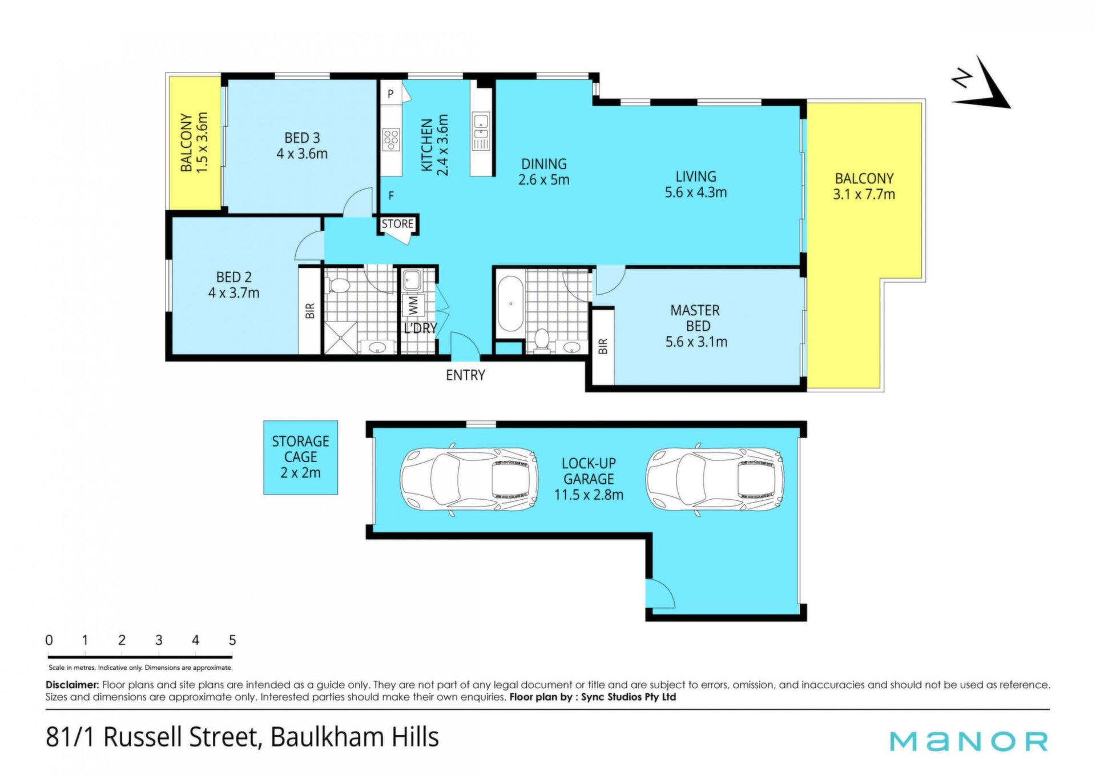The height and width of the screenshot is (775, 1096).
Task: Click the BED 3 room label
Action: pyautogui.click(x=302, y=138)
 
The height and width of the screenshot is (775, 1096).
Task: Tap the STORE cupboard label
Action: pyautogui.click(x=397, y=224)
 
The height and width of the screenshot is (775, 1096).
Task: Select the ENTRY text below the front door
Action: pyautogui.click(x=465, y=375)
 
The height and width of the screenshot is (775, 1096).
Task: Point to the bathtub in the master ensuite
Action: pyautogui.click(x=510, y=304)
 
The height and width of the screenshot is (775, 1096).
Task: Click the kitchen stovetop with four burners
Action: pyautogui.click(x=391, y=139)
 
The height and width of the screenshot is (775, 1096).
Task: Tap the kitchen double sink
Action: pyautogui.click(x=481, y=131)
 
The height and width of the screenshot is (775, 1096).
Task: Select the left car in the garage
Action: pyautogui.click(x=468, y=479)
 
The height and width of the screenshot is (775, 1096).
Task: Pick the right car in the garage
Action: pyautogui.click(x=714, y=479)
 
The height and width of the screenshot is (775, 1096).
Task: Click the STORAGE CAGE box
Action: pyautogui.click(x=300, y=457)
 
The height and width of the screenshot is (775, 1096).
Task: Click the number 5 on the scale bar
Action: pyautogui.click(x=232, y=640)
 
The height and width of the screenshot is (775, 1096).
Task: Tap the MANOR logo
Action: pyautogui.click(x=969, y=741)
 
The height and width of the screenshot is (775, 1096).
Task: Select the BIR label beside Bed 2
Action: pyautogui.click(x=310, y=311)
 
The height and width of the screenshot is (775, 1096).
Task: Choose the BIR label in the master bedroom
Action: pyautogui.click(x=603, y=346)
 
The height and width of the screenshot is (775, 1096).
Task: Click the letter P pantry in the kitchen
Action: pyautogui.click(x=390, y=94)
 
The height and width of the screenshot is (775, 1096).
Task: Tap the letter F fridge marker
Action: pyautogui.click(x=391, y=196)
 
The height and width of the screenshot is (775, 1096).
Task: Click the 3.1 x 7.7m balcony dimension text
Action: pyautogui.click(x=864, y=194)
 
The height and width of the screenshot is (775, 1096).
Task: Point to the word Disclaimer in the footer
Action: pyautogui.click(x=72, y=685)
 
